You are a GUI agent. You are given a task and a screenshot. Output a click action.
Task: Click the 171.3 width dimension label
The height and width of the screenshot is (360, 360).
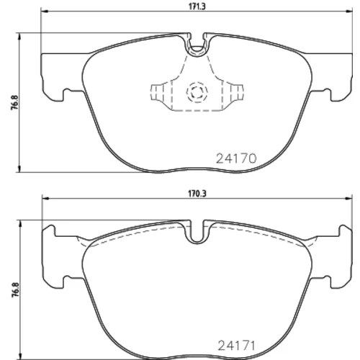pyautogui.click(x=197, y=6)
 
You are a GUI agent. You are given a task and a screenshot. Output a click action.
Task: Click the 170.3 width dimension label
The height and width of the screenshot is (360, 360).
pyautogui.click(x=197, y=194)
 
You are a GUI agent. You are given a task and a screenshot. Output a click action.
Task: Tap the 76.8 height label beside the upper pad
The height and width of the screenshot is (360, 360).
pyautogui.click(x=14, y=102)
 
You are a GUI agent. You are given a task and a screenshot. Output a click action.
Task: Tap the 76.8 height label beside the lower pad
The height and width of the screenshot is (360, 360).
pyautogui.click(x=15, y=290)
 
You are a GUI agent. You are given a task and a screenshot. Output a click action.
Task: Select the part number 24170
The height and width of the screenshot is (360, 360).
pyautogui.click(x=236, y=158)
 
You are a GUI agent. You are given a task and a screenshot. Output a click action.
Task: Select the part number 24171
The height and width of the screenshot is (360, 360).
pyautogui.click(x=236, y=346)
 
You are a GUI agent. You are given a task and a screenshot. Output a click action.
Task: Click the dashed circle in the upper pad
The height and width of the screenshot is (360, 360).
pyautogui.click(x=197, y=91)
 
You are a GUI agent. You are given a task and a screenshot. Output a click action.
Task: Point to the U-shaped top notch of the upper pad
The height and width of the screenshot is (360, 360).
pyautogui.click(x=197, y=45)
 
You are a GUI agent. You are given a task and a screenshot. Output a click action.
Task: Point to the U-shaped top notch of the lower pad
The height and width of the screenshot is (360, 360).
pyautogui.click(x=197, y=232)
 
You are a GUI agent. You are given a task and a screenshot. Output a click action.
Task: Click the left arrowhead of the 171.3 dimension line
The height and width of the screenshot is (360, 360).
pyautogui.click(x=45, y=11)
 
